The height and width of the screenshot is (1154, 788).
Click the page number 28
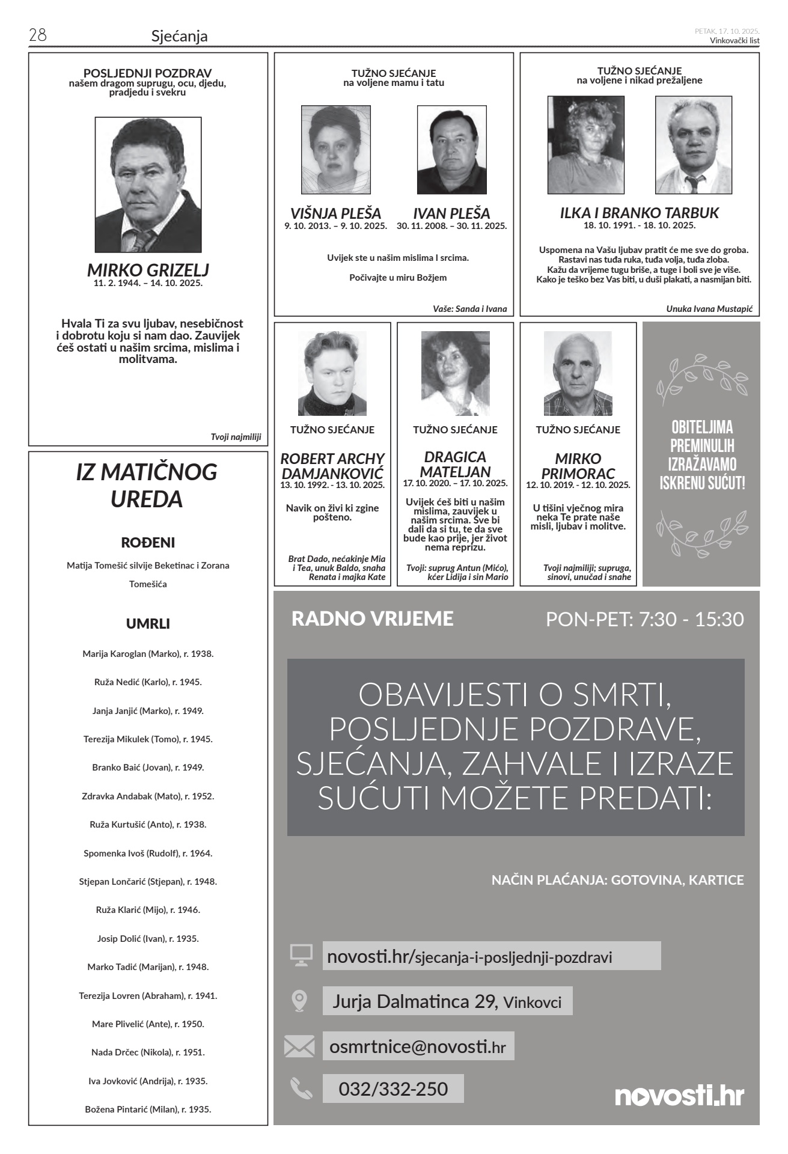point(37,35)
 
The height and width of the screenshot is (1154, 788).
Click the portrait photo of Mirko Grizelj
point(148,185)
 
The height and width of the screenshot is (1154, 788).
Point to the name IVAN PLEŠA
point(451,213)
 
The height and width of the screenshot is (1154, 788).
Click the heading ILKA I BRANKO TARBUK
point(639,213)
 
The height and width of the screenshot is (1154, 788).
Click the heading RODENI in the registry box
point(148,543)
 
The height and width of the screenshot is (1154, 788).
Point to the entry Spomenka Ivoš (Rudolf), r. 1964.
point(148,853)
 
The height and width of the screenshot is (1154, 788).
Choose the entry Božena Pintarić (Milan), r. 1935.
point(148,1109)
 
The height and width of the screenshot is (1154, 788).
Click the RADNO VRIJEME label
point(372,618)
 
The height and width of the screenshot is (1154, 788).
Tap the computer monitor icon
point(301,955)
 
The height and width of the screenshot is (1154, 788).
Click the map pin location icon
point(299,1000)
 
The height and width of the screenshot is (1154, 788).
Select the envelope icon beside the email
point(299,1046)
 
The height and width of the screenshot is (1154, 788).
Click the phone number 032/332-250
point(393,1088)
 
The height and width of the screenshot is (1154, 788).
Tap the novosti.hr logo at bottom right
point(679,1095)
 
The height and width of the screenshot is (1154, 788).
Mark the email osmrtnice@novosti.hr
point(418,1046)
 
